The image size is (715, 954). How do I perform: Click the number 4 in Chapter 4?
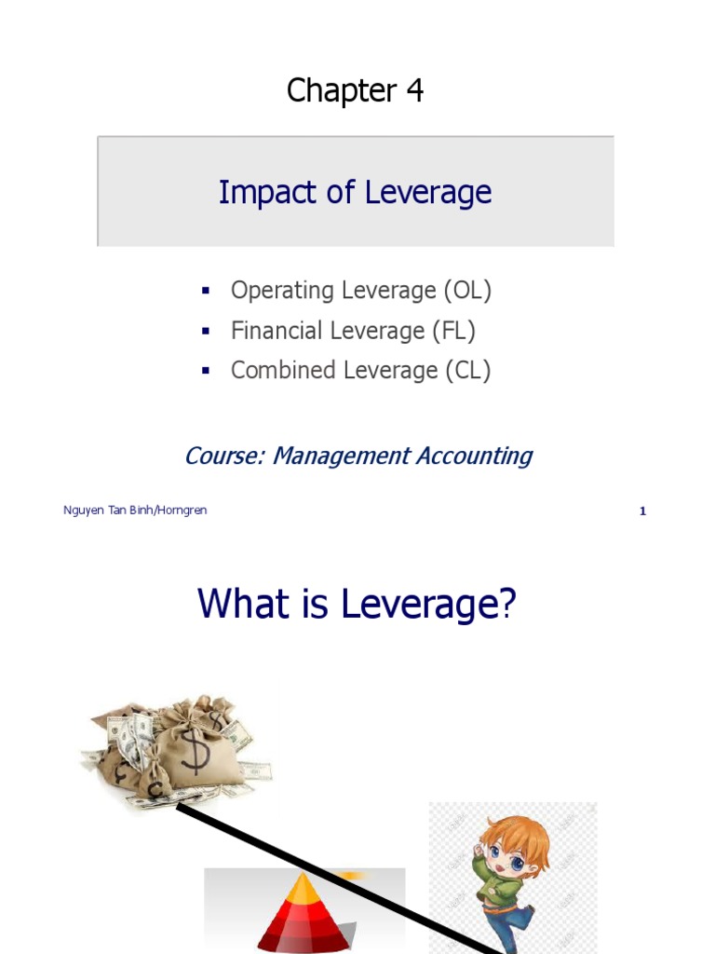[x=414, y=91]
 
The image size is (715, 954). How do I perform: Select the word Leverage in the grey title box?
[x=427, y=193]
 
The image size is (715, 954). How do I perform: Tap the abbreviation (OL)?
[x=466, y=291]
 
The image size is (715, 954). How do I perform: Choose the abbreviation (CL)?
[x=466, y=371]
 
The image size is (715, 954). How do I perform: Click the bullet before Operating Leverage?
[x=206, y=292]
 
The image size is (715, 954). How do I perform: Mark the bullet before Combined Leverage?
[x=206, y=371]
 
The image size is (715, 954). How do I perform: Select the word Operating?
[x=281, y=291]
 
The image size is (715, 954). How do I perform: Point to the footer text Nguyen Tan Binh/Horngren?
[x=135, y=511]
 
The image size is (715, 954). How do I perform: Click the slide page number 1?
[x=642, y=511]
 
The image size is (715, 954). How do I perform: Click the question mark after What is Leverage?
[x=507, y=605]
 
